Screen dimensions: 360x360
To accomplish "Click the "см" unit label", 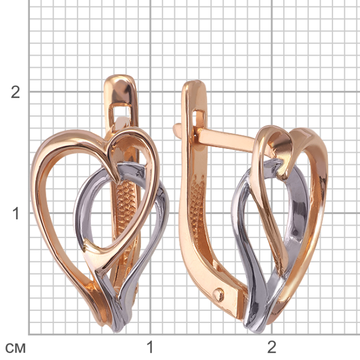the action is coord(15,348).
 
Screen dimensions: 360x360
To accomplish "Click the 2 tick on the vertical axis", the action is coord(15,93).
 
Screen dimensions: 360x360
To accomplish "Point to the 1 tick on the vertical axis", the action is coord(16,213).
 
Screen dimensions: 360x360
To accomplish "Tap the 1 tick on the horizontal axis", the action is coord(150,347).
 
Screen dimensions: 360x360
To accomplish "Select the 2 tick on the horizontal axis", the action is coord(272,347).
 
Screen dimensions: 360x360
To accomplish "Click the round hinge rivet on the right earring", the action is coord(218,295).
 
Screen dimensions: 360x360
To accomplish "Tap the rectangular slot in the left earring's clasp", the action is coord(121,113).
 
